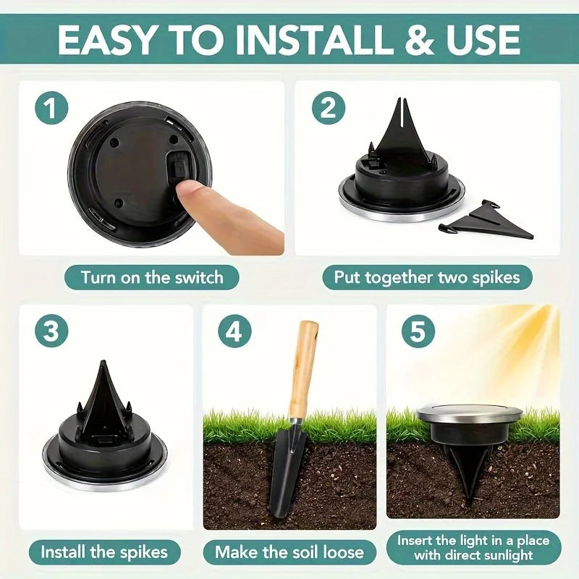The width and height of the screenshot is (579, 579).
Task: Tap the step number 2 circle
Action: click(x=328, y=109)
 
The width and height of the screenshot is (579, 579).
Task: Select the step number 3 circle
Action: click(x=51, y=331)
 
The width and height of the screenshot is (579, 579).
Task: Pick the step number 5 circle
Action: click(x=418, y=331)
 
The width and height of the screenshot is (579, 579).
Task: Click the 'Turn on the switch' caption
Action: click(x=151, y=277)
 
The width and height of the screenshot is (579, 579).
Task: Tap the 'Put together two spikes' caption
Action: click(x=427, y=277)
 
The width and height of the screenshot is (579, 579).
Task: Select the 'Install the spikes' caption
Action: click(x=104, y=552)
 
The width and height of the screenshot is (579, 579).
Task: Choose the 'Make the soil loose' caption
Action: click(x=289, y=552)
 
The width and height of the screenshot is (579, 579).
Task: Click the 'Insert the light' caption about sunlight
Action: click(x=474, y=548)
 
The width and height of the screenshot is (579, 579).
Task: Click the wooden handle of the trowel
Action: click(x=303, y=369)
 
